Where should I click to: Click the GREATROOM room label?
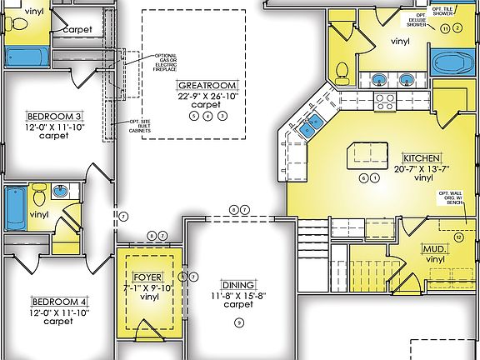point(207,86)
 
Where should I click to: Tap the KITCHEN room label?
point(422,157)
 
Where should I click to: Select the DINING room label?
point(237,284)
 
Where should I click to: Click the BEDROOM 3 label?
point(54,116)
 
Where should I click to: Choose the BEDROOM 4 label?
point(58,301)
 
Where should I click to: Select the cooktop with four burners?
point(385,102)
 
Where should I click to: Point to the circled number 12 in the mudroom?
point(457,236)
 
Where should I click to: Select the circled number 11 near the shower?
point(446,28)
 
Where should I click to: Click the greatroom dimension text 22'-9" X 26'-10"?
point(207,96)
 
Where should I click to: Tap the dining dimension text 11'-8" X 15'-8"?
point(237,295)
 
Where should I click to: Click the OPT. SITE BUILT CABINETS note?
point(139,122)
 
